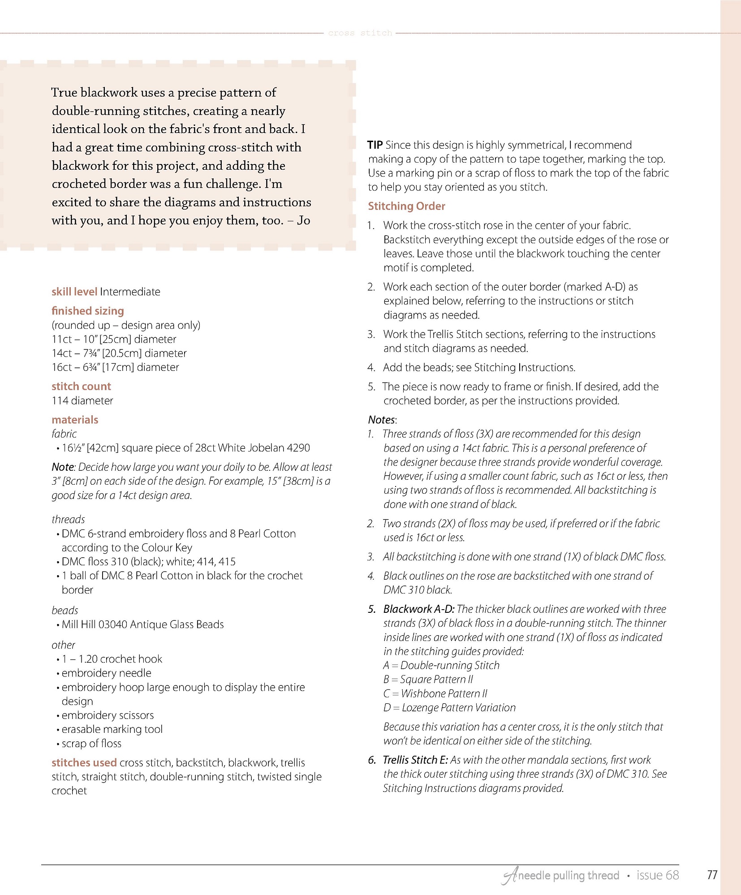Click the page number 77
coord(712,875)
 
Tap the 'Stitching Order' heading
coord(406,206)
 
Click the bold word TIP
coord(375,145)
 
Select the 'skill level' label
coord(74,292)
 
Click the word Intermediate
coord(130,292)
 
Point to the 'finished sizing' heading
coord(87,311)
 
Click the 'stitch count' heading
coord(81,386)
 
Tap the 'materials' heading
coord(75,420)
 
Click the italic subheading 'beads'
coord(65,610)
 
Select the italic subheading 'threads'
coord(68,519)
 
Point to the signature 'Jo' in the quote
coord(303,220)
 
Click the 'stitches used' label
coord(84,762)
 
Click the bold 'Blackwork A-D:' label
coord(418,609)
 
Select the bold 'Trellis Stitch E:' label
coord(415,760)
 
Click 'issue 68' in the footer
coord(657,875)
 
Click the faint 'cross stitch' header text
coord(360,33)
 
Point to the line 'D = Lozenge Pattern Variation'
coord(449,708)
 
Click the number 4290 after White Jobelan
coord(298,448)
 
